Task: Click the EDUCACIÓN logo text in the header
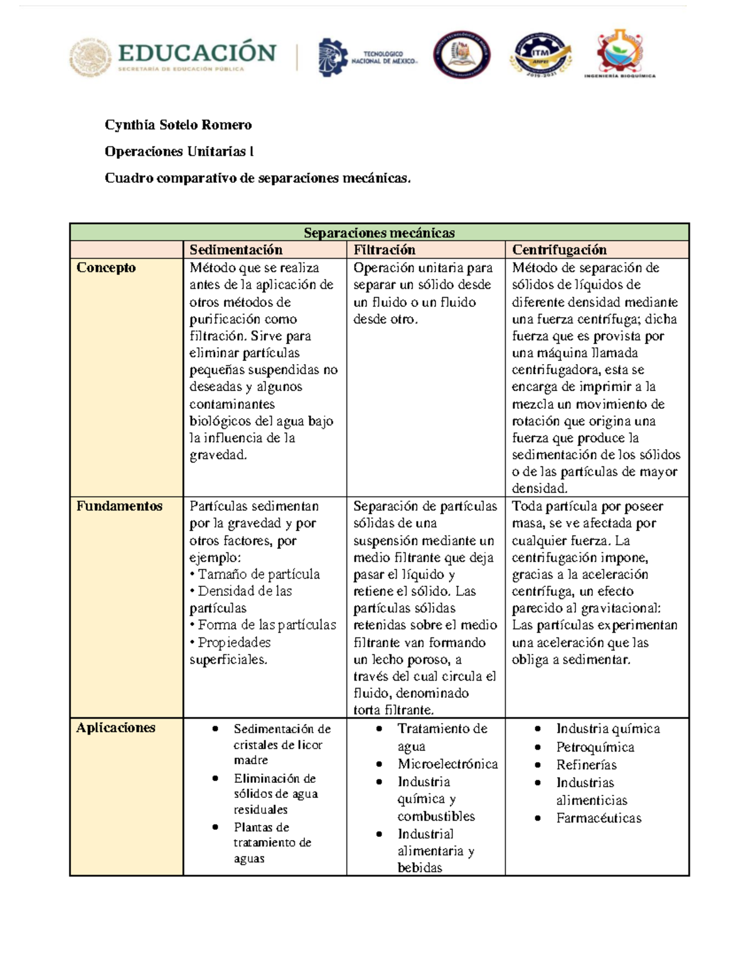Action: (x=197, y=53)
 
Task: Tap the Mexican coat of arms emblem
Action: (x=90, y=57)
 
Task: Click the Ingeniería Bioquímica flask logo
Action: (x=619, y=53)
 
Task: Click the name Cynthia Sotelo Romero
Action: (x=178, y=125)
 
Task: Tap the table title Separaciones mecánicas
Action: (x=379, y=232)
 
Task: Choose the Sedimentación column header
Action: (x=236, y=250)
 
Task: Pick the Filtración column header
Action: (x=384, y=250)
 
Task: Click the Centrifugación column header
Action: (x=559, y=250)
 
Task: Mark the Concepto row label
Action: (x=106, y=267)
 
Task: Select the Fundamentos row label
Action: (x=119, y=506)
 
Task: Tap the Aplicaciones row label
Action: (x=115, y=728)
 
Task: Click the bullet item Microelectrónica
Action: (x=447, y=764)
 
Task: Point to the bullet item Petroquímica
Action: (x=595, y=747)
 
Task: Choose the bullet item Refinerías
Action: (x=586, y=765)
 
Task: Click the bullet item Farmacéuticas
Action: (x=599, y=818)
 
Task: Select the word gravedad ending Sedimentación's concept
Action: (x=218, y=455)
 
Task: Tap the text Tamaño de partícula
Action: (x=259, y=574)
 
